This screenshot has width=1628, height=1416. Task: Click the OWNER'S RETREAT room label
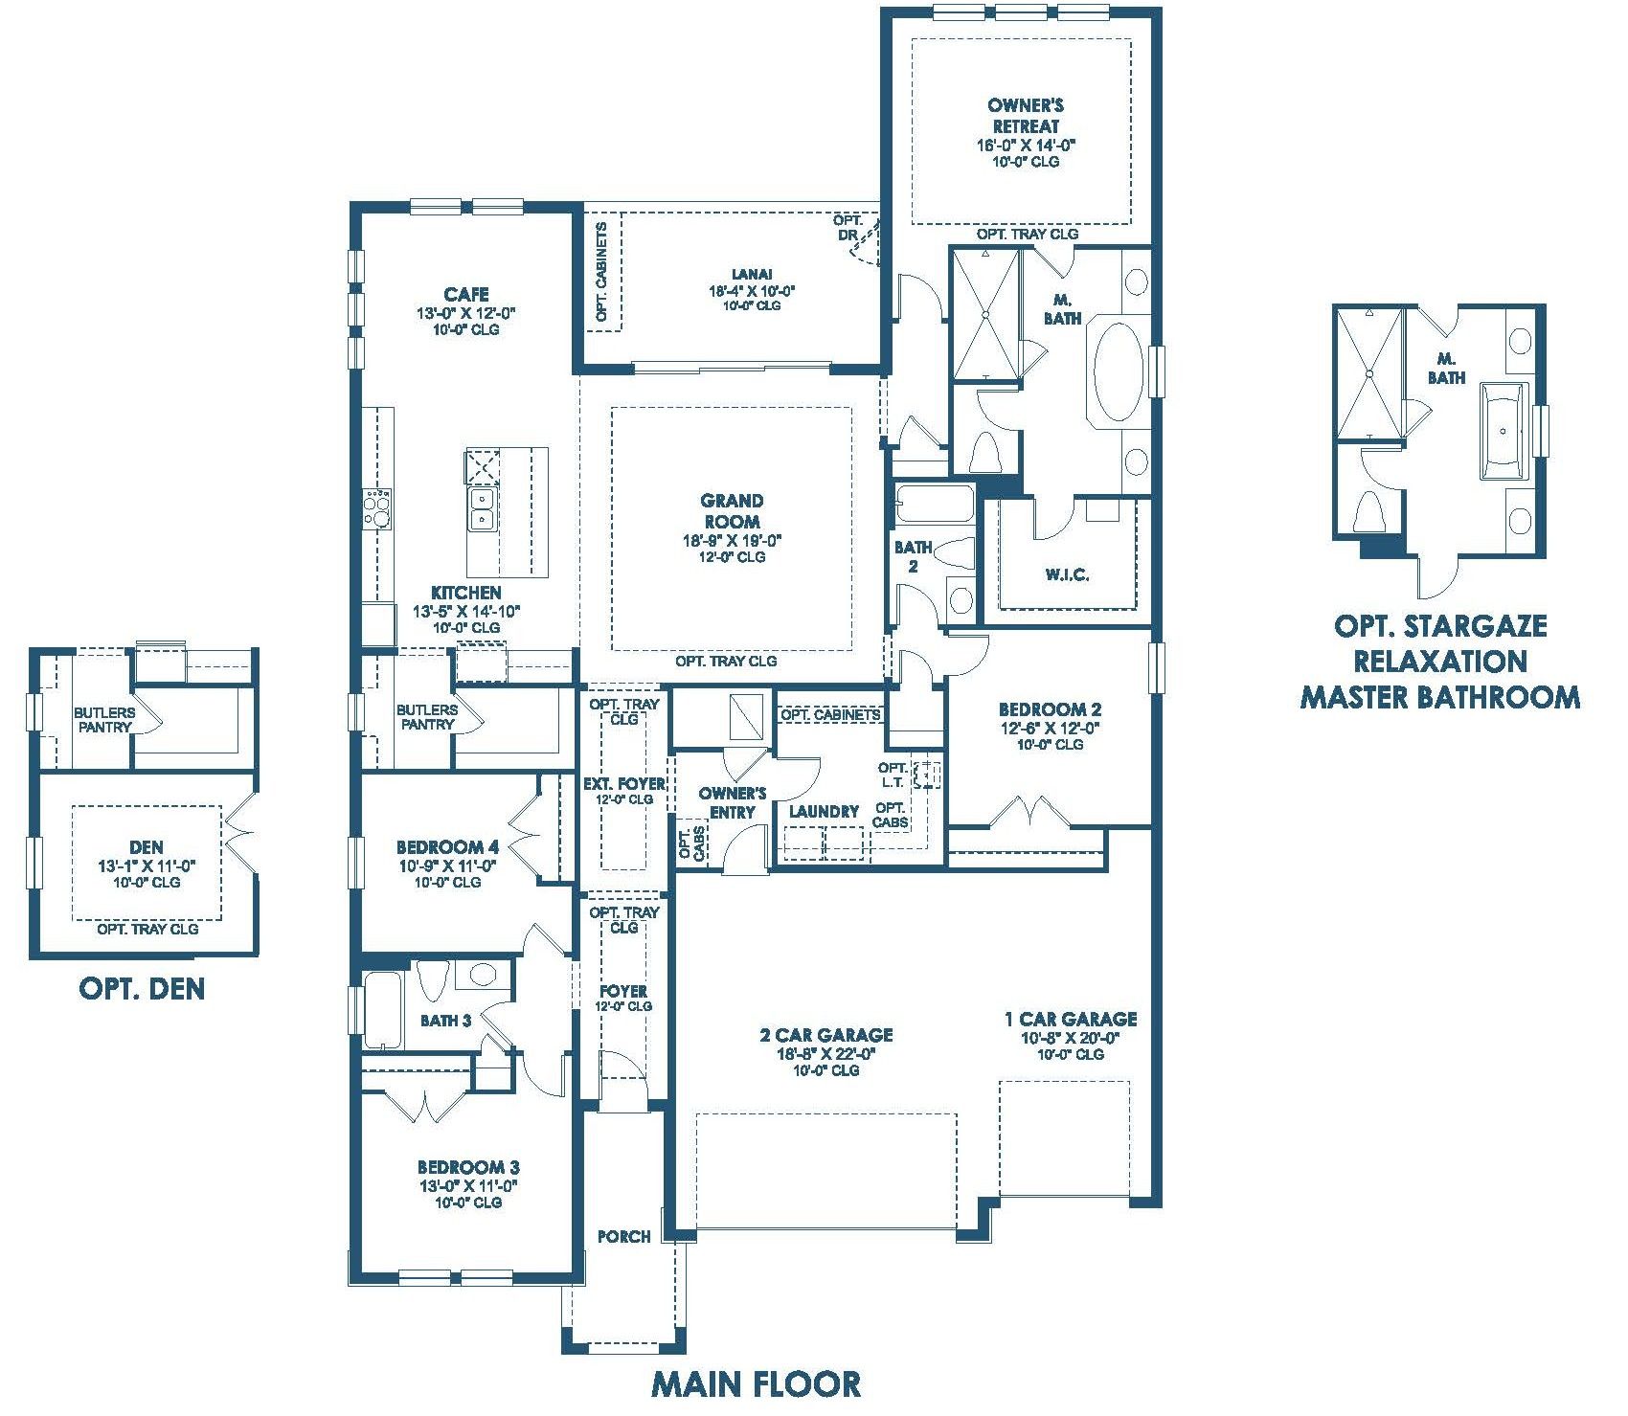tap(1026, 116)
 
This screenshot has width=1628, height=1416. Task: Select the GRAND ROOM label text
tap(733, 511)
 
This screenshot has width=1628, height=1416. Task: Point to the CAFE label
tap(466, 294)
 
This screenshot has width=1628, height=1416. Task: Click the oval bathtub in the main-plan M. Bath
tap(1117, 373)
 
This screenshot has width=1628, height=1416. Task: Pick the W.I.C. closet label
tap(1068, 575)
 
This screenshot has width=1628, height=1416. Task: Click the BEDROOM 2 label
tap(1050, 709)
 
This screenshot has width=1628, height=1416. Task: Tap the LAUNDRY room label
tap(824, 812)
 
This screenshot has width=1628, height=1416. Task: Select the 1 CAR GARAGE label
tap(1071, 1020)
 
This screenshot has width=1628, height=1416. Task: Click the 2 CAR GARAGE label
tap(826, 1035)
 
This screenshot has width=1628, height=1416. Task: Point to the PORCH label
tap(623, 1236)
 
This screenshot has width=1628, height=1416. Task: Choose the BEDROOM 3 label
tap(468, 1168)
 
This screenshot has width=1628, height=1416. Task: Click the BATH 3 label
tap(445, 1021)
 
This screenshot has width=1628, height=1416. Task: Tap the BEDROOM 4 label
tap(447, 847)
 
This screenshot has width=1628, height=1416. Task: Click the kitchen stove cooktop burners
tap(376, 506)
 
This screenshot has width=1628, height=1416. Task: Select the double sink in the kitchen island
tap(482, 507)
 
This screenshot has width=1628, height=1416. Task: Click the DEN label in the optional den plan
tap(147, 847)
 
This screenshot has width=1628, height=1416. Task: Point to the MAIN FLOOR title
tap(756, 1382)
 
